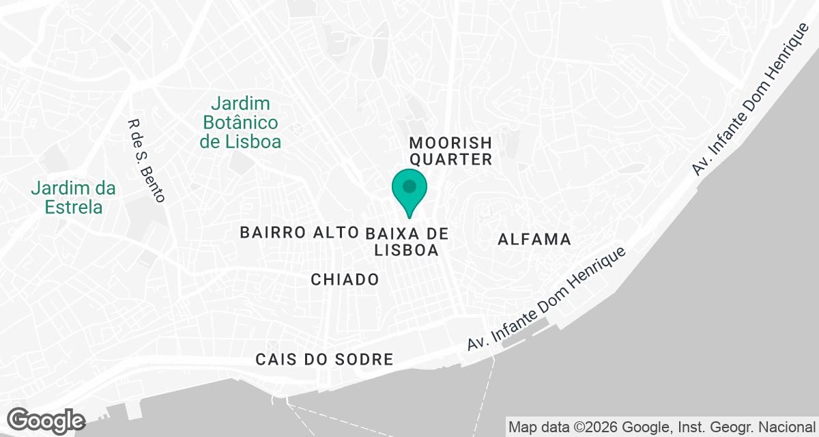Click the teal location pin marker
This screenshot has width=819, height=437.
(409, 193)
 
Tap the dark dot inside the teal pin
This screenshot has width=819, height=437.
(409, 186)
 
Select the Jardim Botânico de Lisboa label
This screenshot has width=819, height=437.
(240, 123)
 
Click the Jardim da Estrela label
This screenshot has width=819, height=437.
(74, 197)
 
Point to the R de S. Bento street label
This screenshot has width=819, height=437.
(147, 161)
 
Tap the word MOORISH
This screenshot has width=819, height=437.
(450, 143)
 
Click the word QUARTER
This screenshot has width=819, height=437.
(450, 160)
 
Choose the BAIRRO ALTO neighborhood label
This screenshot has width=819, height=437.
(299, 233)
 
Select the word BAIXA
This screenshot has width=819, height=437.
(391, 234)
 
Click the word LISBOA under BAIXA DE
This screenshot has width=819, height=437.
(407, 251)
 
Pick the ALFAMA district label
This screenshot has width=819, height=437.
(534, 240)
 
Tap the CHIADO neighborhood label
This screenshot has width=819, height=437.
(345, 279)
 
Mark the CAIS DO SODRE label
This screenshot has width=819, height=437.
(324, 359)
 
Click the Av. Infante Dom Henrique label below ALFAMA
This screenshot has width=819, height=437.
(546, 300)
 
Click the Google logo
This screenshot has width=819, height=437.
(46, 420)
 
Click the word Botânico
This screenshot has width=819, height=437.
(239, 123)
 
